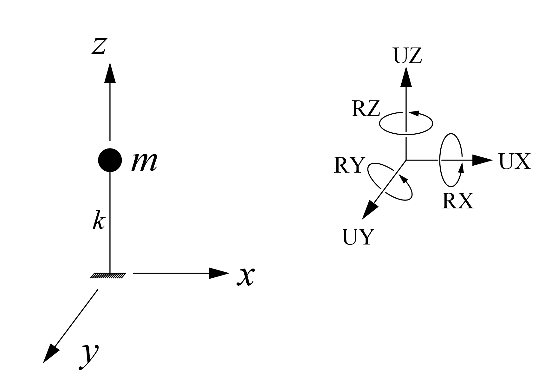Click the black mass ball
(x=110, y=160)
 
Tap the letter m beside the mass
(x=144, y=162)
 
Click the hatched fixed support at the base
(x=108, y=276)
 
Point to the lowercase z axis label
(x=99, y=46)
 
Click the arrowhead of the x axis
(x=219, y=273)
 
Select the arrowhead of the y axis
(x=50, y=354)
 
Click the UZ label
(x=407, y=56)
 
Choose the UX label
(x=515, y=162)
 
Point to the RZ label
(x=366, y=109)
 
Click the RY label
(x=348, y=165)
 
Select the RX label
(x=458, y=201)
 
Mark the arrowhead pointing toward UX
(x=482, y=160)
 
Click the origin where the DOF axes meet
(x=406, y=160)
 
